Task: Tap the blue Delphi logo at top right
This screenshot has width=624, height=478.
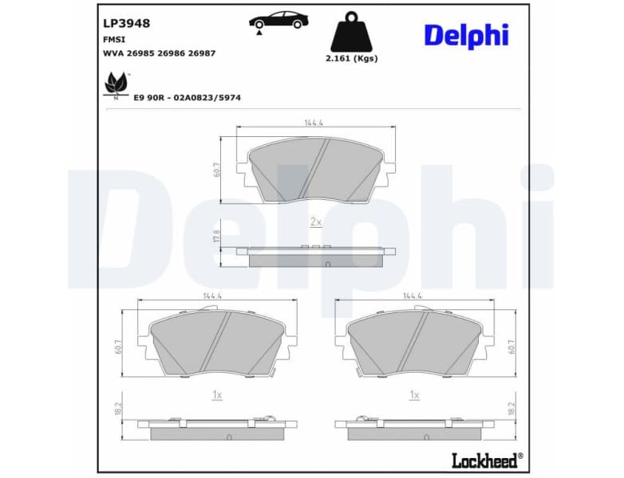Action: [x=465, y=35]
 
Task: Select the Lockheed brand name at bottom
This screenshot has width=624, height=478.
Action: [x=486, y=460]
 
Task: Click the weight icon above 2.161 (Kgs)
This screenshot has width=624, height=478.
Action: [x=352, y=33]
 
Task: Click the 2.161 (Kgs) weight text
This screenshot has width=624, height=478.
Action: [x=352, y=58]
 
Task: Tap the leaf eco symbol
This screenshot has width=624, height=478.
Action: [x=116, y=84]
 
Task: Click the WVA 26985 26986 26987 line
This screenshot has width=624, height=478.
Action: [x=160, y=53]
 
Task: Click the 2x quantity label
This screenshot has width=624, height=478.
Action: [x=315, y=222]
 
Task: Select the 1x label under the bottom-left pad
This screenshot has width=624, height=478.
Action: [x=216, y=394]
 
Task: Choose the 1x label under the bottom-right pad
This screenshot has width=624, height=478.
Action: [x=414, y=394]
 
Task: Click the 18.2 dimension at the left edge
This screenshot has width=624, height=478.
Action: [x=118, y=409]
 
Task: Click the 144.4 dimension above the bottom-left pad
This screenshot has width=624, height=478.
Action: [x=212, y=296]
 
